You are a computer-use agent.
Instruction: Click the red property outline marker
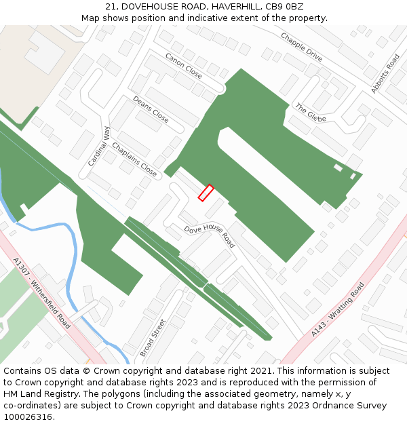click(x=206, y=193)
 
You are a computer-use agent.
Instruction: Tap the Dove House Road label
click(x=209, y=235)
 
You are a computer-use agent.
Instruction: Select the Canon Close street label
click(x=183, y=64)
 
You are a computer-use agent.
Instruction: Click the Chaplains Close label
click(x=134, y=159)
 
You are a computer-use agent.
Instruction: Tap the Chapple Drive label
click(x=301, y=47)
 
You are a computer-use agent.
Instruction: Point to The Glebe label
click(x=310, y=112)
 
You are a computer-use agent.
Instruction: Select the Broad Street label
click(x=153, y=337)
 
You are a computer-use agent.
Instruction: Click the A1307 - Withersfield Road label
click(x=41, y=292)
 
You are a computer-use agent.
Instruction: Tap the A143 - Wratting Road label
click(x=338, y=309)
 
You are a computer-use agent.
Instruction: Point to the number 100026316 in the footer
click(x=27, y=417)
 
